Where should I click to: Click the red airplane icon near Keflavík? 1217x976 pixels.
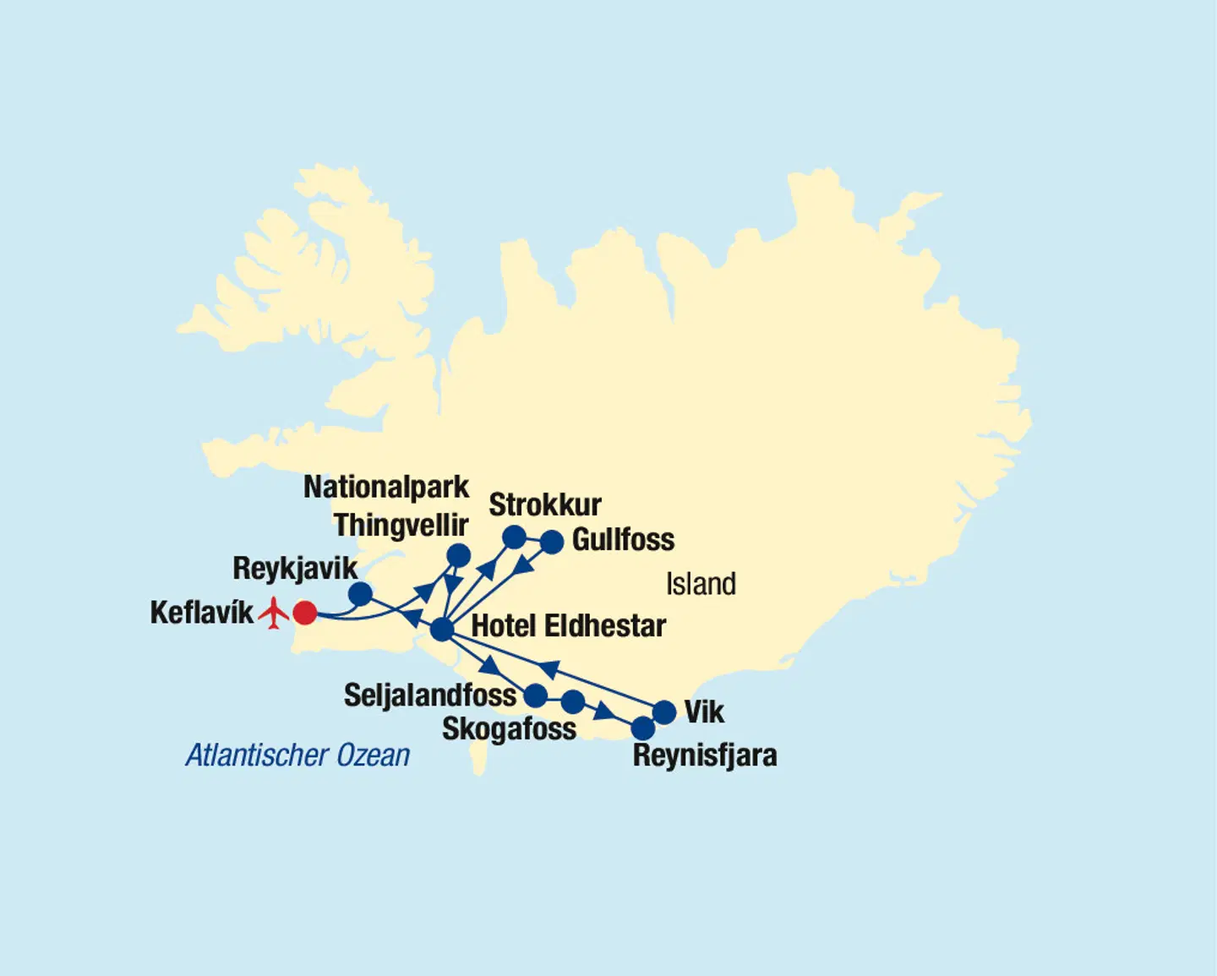(273, 613)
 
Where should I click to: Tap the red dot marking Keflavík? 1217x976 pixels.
(304, 613)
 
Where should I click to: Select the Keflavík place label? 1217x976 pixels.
(201, 613)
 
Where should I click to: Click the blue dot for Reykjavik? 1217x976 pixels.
(360, 594)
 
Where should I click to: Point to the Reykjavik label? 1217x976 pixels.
(295, 568)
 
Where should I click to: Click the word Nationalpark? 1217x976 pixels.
(386, 488)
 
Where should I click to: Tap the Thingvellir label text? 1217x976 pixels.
(401, 525)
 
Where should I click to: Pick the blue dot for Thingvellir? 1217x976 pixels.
(458, 555)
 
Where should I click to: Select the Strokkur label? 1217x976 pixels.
(545, 504)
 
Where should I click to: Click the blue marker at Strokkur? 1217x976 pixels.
(514, 537)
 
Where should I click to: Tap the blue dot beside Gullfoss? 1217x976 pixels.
(552, 542)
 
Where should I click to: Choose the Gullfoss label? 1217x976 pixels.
(623, 540)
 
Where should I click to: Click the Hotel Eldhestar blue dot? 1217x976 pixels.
(442, 630)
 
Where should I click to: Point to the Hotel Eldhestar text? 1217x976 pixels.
(569, 626)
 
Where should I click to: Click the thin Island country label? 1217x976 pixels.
(701, 584)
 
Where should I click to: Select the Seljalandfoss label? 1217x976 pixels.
(429, 695)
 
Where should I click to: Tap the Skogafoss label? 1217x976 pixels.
(509, 728)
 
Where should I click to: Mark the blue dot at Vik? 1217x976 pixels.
(665, 712)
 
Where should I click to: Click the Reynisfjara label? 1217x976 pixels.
(705, 755)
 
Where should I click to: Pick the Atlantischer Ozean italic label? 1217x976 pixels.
(297, 755)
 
